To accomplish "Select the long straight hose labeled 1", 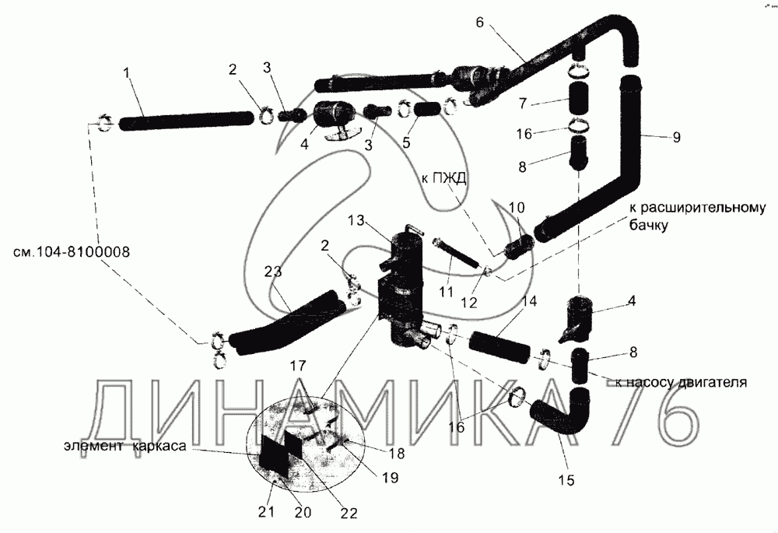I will tap(187, 121).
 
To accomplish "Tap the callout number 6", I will tap(479, 23).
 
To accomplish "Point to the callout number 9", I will tap(675, 137).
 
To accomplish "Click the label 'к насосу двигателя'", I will tap(682, 383).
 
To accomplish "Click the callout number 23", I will tap(273, 273).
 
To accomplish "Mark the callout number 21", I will tap(266, 510).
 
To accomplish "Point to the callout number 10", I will tap(517, 207).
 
